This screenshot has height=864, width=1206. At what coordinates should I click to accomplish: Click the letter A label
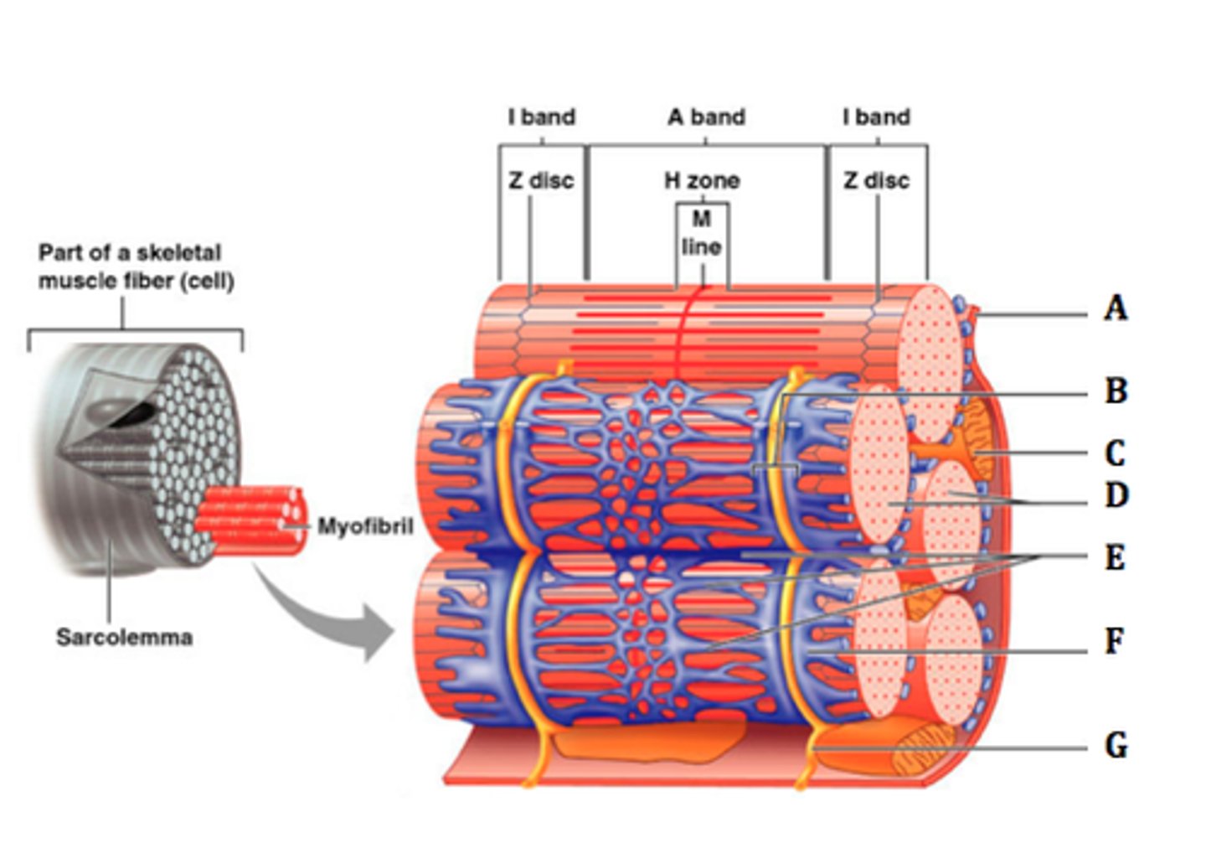(x=1115, y=308)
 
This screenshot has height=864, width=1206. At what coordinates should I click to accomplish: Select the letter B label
(x=1116, y=391)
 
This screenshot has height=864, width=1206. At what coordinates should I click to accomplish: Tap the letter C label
(x=1115, y=453)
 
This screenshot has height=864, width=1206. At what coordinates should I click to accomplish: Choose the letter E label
(x=1115, y=557)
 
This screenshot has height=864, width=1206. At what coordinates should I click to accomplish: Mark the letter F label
(x=1114, y=641)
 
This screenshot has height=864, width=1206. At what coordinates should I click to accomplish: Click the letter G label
(x=1116, y=745)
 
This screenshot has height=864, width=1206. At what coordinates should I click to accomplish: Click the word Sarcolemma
(x=124, y=637)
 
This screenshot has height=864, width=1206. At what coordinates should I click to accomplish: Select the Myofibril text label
(x=364, y=526)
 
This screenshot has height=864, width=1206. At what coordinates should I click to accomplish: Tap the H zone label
(x=702, y=180)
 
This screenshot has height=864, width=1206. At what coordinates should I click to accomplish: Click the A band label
(x=706, y=117)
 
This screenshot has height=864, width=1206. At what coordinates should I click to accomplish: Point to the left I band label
(x=541, y=117)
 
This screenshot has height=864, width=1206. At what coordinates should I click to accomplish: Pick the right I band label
(x=876, y=117)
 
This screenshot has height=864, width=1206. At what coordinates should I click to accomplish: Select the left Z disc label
(x=541, y=180)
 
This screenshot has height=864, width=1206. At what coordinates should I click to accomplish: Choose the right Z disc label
(x=876, y=180)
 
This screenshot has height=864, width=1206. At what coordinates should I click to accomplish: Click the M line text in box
(x=701, y=233)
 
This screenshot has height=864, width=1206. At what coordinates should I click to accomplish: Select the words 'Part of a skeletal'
(x=130, y=252)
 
